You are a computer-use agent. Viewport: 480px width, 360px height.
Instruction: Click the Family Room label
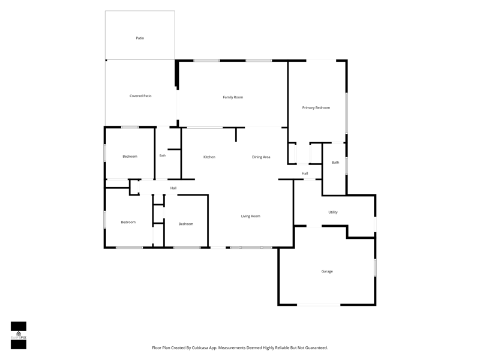(233, 97)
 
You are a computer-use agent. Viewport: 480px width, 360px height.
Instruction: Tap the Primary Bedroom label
(316, 108)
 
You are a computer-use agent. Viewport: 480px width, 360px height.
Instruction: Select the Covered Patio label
(140, 96)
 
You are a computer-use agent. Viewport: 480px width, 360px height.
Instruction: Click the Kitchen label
(209, 157)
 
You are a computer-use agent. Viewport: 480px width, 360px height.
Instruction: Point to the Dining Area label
(261, 157)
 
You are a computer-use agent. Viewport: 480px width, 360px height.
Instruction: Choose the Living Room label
(250, 216)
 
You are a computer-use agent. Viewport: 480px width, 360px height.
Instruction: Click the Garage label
(327, 271)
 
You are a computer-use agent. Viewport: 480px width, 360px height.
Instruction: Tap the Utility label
(333, 212)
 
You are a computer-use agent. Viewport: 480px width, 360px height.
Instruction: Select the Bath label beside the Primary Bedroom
(335, 163)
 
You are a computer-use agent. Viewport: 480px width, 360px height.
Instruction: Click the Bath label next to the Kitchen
(163, 155)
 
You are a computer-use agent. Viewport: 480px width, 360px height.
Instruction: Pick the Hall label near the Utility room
(305, 173)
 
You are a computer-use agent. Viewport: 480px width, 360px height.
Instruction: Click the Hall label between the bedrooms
(173, 188)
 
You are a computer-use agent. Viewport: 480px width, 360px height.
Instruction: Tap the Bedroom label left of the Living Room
(186, 224)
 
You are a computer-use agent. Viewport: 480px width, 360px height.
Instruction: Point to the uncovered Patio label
(140, 38)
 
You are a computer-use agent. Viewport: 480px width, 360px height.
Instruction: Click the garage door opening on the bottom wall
(319, 305)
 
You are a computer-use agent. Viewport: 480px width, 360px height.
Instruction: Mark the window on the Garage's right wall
(376, 268)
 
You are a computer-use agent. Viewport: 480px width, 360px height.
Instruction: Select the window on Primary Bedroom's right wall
(347, 113)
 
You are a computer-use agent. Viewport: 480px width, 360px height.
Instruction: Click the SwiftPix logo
(19, 335)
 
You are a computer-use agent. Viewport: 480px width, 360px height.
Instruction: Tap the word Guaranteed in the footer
(317, 348)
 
